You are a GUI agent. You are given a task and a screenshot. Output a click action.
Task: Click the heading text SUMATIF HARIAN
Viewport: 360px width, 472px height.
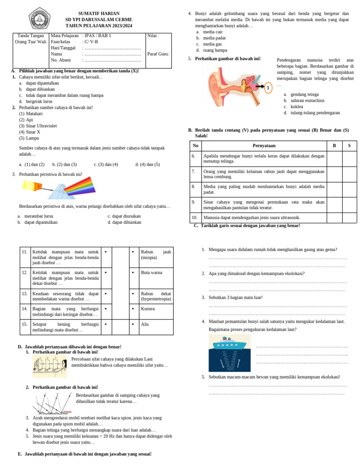click(x=99, y=13)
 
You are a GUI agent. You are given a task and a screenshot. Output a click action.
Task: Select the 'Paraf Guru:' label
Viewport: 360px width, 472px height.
click(x=158, y=53)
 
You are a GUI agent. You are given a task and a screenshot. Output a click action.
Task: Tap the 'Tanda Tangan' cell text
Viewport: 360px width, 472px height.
click(x=30, y=36)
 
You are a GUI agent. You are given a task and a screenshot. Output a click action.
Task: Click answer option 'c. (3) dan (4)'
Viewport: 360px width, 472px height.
click(x=105, y=165)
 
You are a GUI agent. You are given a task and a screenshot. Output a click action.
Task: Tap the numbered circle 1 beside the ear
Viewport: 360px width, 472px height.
click(x=268, y=88)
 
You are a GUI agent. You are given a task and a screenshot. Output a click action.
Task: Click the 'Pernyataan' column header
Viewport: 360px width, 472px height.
click(x=264, y=146)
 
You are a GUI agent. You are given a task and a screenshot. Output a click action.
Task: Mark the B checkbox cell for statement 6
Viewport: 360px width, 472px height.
click(x=334, y=159)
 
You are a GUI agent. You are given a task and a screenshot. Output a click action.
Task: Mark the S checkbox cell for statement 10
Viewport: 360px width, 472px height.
click(x=349, y=218)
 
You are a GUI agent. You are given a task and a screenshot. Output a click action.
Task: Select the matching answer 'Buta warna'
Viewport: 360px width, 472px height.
click(x=152, y=272)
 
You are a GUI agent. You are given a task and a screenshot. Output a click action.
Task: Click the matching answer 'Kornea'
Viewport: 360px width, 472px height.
click(x=148, y=309)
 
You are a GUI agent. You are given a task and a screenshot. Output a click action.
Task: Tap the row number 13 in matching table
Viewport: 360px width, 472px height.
click(x=25, y=294)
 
